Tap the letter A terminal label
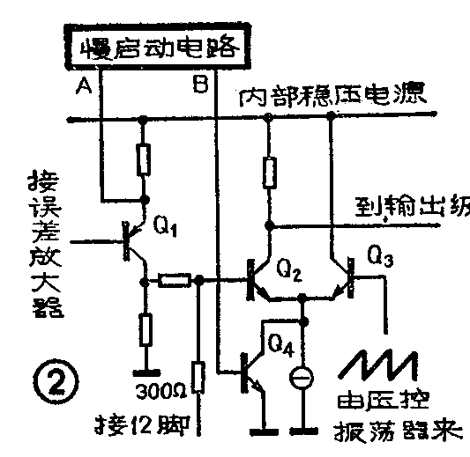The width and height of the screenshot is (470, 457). pos(84,85)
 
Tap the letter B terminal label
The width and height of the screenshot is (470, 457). pos(199,85)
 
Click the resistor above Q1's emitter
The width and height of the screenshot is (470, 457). pos(145,160)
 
